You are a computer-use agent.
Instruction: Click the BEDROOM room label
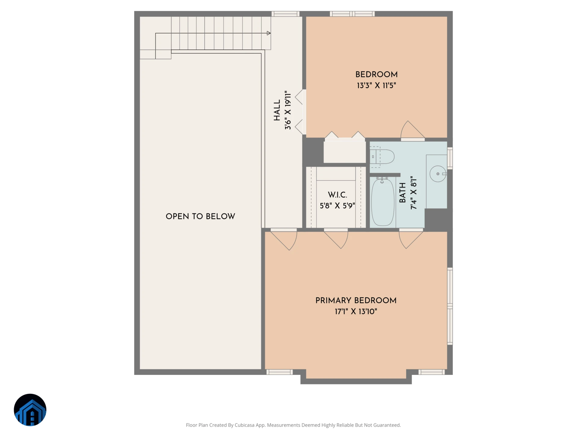pos(376,75)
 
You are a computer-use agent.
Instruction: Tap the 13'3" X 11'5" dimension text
pos(376,86)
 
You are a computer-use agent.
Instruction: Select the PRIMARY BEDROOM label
pos(356,301)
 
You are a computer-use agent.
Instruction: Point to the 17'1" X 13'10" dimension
pos(356,312)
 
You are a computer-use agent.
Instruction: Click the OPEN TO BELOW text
pos(200,216)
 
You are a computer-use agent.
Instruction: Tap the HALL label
pos(277,110)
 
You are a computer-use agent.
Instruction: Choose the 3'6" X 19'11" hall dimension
pos(288,110)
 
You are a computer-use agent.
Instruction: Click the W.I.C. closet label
pos(338,195)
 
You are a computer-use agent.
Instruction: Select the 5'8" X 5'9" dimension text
pos(338,206)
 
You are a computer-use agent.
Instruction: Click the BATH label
pos(403,193)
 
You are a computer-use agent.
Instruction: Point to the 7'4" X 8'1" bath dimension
pos(414,193)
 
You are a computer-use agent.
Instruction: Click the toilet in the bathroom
pos(382,157)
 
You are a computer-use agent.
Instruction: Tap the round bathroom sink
pos(438,174)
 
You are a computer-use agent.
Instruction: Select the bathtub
pos(382,202)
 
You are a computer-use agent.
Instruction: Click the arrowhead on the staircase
pos(269,33)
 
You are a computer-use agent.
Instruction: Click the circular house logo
pos(30,410)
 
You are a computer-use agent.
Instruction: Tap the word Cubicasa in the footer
pos(245,425)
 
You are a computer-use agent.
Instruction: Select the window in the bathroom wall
pos(450,158)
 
